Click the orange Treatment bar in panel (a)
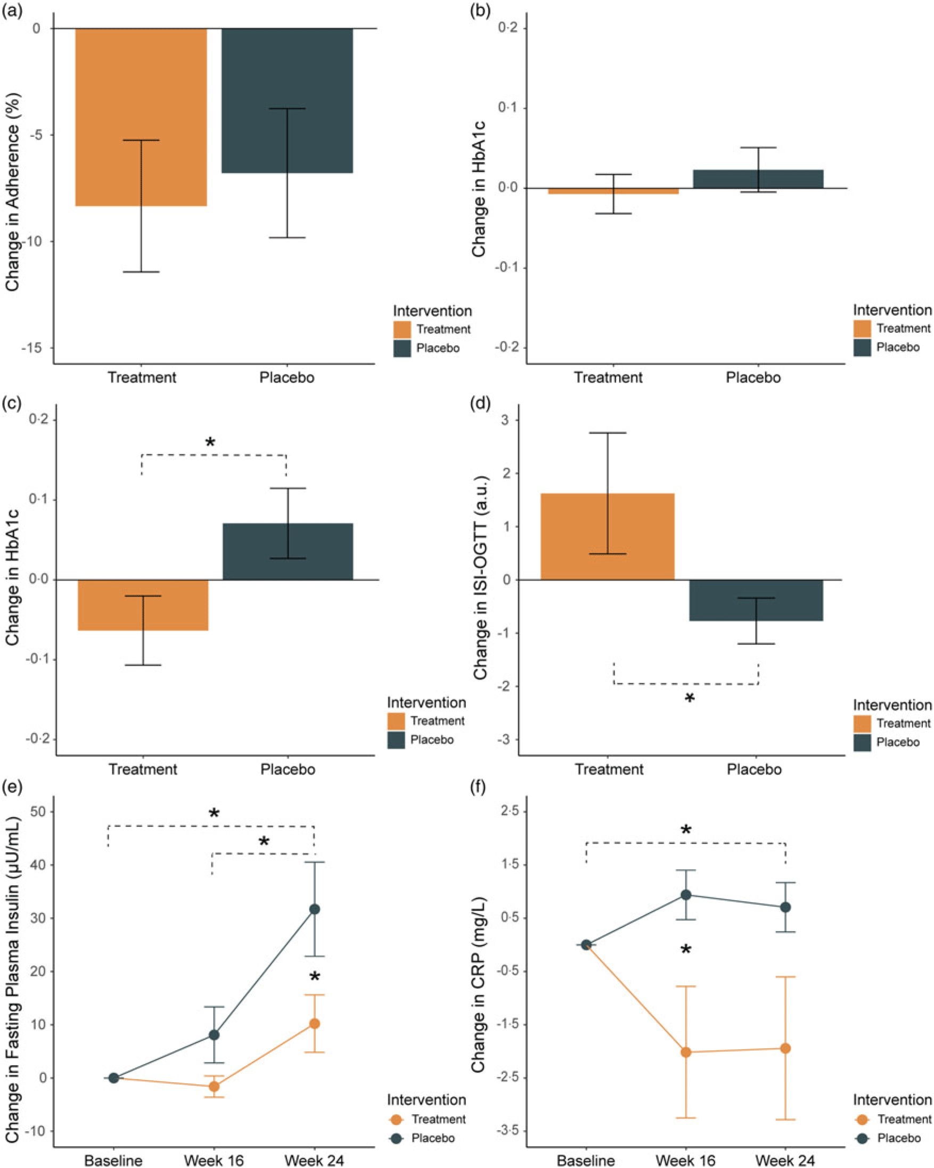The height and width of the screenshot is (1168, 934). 141,117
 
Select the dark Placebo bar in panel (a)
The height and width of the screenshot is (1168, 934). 287,100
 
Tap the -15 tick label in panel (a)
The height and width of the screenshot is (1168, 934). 32,348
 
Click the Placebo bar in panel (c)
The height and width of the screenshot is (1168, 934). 288,551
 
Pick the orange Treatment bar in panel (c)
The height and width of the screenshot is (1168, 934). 143,605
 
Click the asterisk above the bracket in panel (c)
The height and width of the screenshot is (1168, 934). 210,443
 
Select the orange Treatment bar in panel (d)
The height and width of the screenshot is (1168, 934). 608,536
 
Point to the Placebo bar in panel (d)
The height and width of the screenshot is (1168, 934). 756,600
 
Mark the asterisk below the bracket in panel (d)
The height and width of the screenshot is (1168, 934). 689,698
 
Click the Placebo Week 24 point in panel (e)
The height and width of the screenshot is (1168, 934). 314,909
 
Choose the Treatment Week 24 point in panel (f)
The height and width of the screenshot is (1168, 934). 785,1048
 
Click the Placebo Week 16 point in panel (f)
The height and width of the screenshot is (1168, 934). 686,894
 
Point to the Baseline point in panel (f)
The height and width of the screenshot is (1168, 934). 586,945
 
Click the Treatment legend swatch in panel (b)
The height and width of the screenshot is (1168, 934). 862,328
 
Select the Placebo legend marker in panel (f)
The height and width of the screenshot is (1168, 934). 862,1138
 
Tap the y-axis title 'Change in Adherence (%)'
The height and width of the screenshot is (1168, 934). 12,192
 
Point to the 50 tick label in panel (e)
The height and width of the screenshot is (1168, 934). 39,812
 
